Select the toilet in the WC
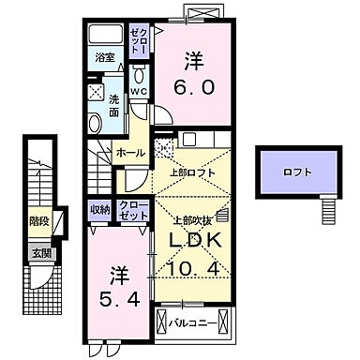coord(139,75)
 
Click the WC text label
coord(138,92)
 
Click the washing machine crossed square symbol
coord(96,93)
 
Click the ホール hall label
coord(129,153)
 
